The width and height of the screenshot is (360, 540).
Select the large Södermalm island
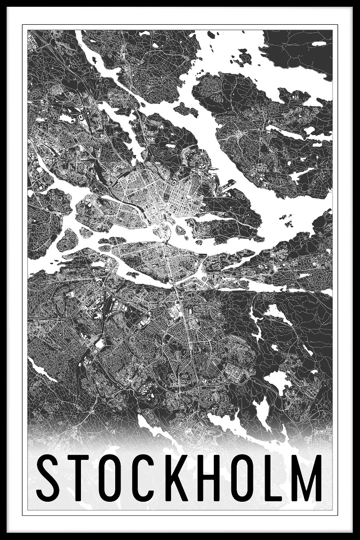point(157,261)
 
